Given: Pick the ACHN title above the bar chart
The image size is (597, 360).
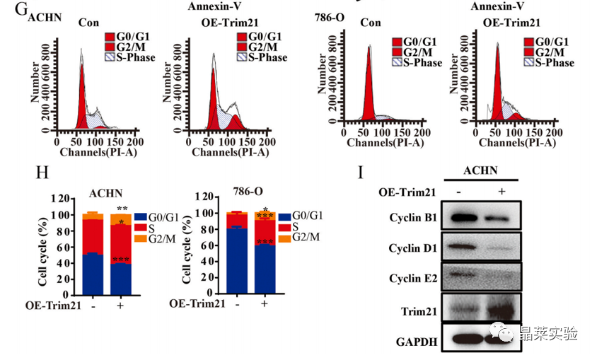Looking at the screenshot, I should [x=103, y=192].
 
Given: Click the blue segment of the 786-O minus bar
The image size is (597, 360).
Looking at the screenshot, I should [x=237, y=262].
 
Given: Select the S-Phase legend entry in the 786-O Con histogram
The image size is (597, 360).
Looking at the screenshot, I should [x=418, y=63].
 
